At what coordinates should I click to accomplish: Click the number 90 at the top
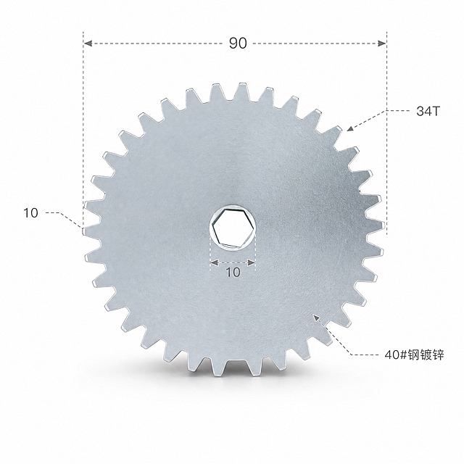(x=238, y=43)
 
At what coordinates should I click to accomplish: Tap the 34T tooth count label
(x=428, y=111)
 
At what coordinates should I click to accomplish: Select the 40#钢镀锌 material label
(x=414, y=355)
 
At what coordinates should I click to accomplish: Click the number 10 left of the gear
(x=30, y=213)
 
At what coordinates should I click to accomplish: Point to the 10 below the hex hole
(x=233, y=273)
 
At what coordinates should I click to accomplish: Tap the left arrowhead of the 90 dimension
(x=88, y=43)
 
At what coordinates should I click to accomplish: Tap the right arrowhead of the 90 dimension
(x=382, y=43)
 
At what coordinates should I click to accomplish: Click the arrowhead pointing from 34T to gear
(x=350, y=128)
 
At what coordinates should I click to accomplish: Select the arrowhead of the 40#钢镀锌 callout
(x=317, y=318)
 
